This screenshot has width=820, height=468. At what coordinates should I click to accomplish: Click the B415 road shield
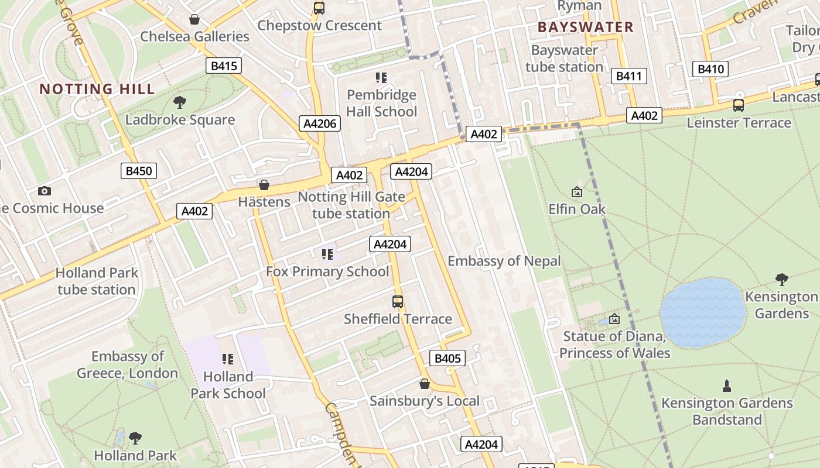point(224,66)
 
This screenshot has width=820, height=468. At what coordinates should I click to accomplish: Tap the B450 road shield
point(139,171)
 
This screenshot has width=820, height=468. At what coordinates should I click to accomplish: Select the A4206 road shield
point(320,123)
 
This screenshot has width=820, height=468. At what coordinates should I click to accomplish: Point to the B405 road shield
point(448,358)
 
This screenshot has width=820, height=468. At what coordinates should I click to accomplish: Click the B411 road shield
point(629,75)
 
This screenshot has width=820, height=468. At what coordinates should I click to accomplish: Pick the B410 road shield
point(710,69)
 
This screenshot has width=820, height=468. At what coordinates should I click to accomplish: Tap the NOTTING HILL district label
point(97,89)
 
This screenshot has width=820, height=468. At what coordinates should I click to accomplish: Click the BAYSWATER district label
point(585,27)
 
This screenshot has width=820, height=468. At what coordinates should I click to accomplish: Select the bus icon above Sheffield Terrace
point(398,302)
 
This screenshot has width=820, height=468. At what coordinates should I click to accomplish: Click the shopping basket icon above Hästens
point(264,185)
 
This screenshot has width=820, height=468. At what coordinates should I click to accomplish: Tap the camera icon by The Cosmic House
point(44,191)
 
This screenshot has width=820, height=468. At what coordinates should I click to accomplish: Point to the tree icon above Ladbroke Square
point(180,102)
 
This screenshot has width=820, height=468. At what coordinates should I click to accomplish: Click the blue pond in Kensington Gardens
point(702,313)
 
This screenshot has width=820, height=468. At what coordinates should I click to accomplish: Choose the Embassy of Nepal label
point(504,261)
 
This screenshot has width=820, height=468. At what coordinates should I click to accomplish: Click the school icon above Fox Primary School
point(327,254)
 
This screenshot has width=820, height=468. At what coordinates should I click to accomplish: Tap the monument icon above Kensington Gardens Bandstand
point(727,386)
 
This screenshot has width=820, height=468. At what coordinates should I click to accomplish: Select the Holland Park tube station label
point(97,281)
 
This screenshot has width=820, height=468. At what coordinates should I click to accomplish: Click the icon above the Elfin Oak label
point(577,191)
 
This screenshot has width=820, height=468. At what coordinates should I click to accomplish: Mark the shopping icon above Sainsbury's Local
point(425,384)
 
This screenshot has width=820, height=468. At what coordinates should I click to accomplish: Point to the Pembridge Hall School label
point(381,103)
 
